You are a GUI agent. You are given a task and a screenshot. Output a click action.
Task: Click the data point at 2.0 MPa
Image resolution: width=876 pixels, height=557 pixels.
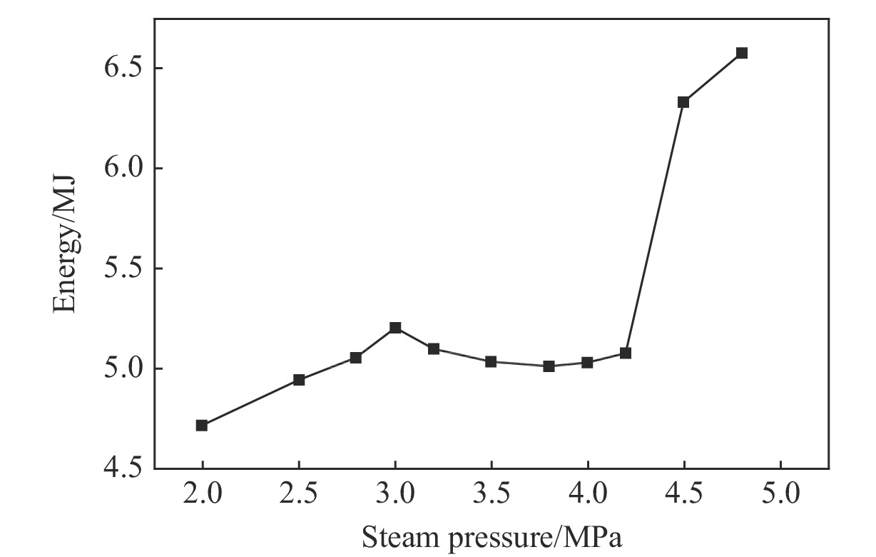[x=202, y=426]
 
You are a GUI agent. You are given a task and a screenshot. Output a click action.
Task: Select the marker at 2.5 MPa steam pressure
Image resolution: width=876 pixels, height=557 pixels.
[x=299, y=380]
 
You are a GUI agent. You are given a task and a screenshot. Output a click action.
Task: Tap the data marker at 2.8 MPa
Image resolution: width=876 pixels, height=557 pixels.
[x=356, y=358]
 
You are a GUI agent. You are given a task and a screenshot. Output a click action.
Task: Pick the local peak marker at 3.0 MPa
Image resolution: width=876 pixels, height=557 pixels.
[x=395, y=328]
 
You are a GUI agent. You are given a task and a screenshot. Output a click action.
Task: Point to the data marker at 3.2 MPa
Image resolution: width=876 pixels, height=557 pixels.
[x=434, y=349]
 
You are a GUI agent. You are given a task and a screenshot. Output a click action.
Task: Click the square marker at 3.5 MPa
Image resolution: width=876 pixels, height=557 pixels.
[x=491, y=362]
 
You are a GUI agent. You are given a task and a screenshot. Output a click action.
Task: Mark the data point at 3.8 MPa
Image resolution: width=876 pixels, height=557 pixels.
[x=549, y=366]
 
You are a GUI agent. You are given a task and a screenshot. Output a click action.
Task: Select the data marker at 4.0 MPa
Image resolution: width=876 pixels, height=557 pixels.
[x=587, y=363]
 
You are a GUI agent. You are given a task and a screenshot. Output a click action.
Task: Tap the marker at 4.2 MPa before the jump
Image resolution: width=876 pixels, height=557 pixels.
[x=626, y=353]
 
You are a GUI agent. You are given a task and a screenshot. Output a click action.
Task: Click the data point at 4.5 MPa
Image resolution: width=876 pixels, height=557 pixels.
[x=683, y=102]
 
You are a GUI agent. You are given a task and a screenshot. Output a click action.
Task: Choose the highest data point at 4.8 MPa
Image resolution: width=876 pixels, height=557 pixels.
[x=742, y=53]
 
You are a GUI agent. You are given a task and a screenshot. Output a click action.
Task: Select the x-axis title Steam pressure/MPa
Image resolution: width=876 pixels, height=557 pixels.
[x=492, y=536]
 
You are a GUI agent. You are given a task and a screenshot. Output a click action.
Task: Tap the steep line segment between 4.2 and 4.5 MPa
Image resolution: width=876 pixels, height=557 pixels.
[x=655, y=228]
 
